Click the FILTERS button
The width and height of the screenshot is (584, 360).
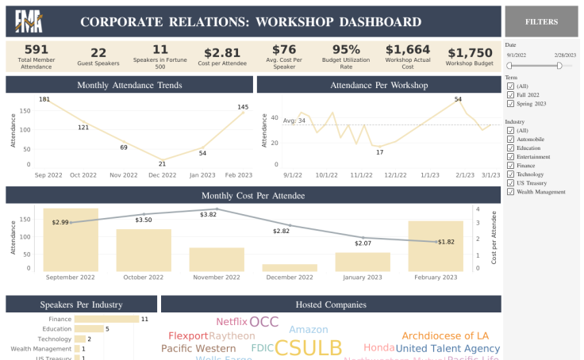[x=541, y=22]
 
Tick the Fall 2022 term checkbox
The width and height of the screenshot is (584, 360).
[x=511, y=94]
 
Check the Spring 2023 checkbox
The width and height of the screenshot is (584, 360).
[x=511, y=103]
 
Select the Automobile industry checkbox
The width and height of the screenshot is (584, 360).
[x=511, y=139]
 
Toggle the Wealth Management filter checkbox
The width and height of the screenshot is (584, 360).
[x=511, y=191]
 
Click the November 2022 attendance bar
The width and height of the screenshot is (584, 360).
[x=216, y=259]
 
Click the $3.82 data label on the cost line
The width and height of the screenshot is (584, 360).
[x=209, y=215]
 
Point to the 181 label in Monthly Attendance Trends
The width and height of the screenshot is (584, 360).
[x=44, y=100]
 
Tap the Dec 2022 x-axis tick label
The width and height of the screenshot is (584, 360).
[x=163, y=174]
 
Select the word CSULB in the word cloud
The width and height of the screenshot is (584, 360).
[x=309, y=348]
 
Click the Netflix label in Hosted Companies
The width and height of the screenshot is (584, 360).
[x=232, y=322]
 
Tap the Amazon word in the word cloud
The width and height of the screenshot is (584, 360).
[x=309, y=330]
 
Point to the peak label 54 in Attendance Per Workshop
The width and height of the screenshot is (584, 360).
[x=458, y=100]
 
